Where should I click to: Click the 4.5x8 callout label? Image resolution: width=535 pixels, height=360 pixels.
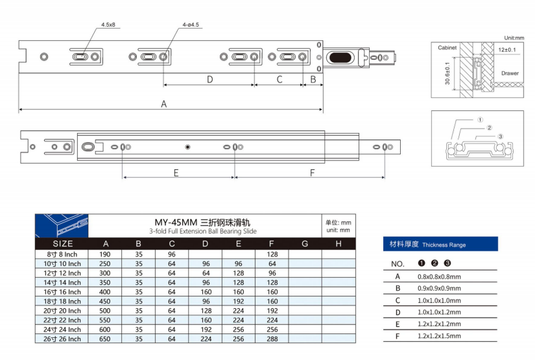click(108, 25)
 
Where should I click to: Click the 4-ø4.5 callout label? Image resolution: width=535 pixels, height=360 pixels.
click(191, 25)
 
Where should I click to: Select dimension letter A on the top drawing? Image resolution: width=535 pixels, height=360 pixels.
click(164, 104)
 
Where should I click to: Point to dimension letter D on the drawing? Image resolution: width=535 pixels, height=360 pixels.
click(209, 79)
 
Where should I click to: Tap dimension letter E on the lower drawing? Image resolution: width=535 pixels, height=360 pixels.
click(176, 173)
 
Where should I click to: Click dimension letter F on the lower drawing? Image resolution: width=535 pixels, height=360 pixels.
click(313, 173)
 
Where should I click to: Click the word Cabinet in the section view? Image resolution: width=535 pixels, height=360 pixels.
click(447, 48)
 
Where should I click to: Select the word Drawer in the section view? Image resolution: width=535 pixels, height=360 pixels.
click(510, 73)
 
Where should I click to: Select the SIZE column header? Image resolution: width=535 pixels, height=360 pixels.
click(63, 243)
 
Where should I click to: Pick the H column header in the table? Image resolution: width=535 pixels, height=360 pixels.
click(339, 243)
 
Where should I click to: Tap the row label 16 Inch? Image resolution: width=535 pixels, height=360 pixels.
click(63, 292)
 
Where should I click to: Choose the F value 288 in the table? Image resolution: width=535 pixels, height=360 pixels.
click(272, 338)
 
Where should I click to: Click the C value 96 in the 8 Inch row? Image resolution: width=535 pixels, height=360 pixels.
click(172, 254)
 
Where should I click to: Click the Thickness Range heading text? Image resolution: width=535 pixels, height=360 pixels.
click(444, 245)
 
